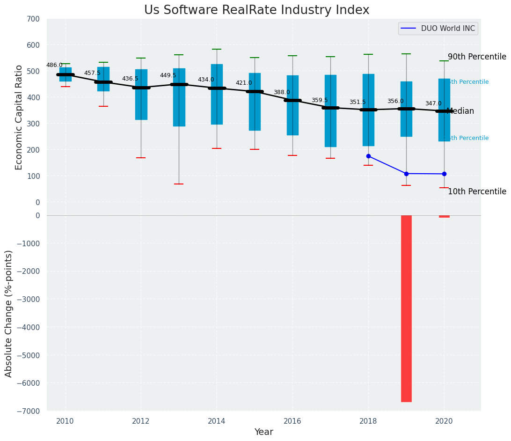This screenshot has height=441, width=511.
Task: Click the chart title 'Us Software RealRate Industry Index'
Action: pyautogui.click(x=256, y=10)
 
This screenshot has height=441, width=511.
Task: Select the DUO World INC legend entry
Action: pyautogui.click(x=438, y=29)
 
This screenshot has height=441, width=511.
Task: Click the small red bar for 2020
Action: pyautogui.click(x=444, y=216)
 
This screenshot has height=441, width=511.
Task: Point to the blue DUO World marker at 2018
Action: pyautogui.click(x=368, y=156)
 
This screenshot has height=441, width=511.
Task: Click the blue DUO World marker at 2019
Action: pyautogui.click(x=406, y=174)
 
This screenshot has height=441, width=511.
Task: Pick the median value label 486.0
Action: pyautogui.click(x=54, y=65)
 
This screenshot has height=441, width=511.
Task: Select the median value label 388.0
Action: pyautogui.click(x=282, y=92)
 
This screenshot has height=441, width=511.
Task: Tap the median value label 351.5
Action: pyautogui.click(x=358, y=102)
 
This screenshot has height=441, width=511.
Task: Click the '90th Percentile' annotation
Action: pyautogui.click(x=477, y=57)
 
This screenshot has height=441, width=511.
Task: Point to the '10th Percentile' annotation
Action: pyautogui.click(x=477, y=191)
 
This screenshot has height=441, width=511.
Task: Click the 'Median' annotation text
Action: pyautogui.click(x=460, y=111)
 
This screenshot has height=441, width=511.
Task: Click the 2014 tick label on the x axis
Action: pyautogui.click(x=217, y=421)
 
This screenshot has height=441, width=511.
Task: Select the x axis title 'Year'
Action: pyautogui.click(x=264, y=432)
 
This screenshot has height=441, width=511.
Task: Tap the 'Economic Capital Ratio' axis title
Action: pyautogui.click(x=19, y=117)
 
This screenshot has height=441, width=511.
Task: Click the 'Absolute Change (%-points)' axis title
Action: pyautogui.click(x=9, y=313)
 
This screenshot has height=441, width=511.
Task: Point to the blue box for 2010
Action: pyautogui.click(x=66, y=74)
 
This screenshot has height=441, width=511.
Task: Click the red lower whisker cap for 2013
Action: pyautogui.click(x=179, y=184)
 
